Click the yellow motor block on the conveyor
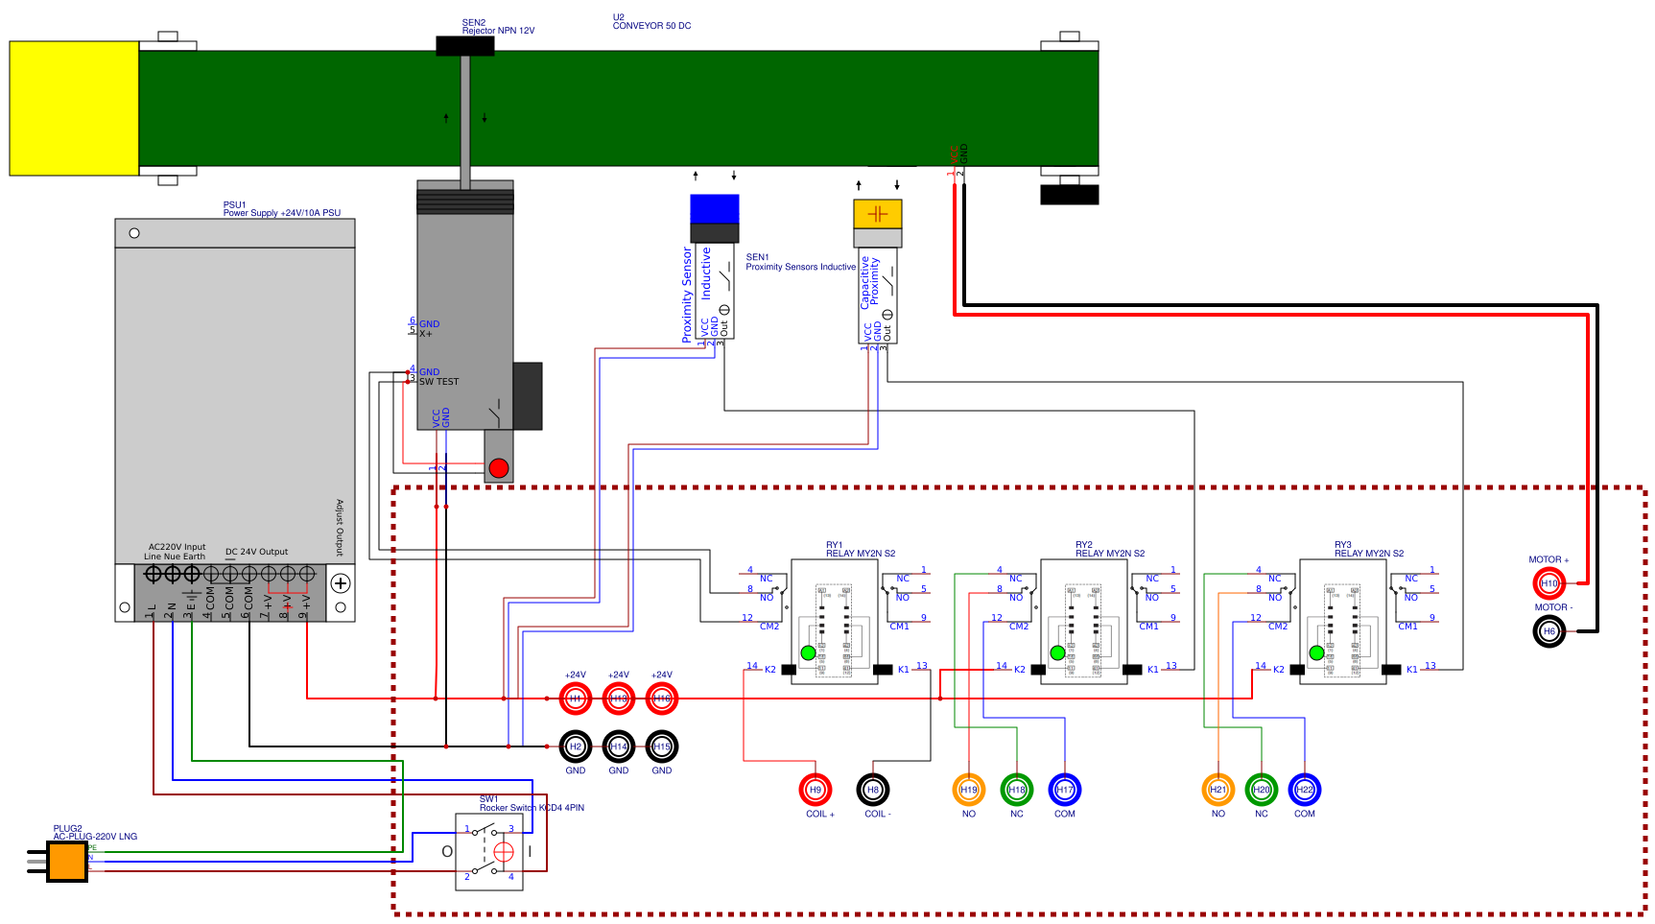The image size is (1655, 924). pos(74,108)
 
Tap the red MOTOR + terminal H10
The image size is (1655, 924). pos(1549,583)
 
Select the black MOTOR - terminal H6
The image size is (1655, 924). pos(1549,631)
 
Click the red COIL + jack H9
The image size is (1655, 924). pos(816,790)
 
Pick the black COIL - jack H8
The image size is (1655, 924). pos(873,790)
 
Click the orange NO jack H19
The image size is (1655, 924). pos(969,790)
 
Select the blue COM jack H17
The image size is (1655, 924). pos(1065,790)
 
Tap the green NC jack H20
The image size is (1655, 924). pos(1262,790)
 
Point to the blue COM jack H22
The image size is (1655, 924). pos(1305,790)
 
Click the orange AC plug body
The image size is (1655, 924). pos(67,861)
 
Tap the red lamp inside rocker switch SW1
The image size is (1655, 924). pos(503,852)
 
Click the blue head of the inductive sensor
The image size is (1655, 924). pos(715,208)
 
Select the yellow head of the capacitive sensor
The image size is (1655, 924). pos(878,213)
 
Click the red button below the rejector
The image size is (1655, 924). pos(499,468)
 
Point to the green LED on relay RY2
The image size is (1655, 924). pos(1057,652)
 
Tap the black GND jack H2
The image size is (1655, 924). pos(576,746)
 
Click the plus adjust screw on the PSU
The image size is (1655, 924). pos(341,582)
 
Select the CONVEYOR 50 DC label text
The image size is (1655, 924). pos(651,26)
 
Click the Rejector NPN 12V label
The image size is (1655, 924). pos(498,31)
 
